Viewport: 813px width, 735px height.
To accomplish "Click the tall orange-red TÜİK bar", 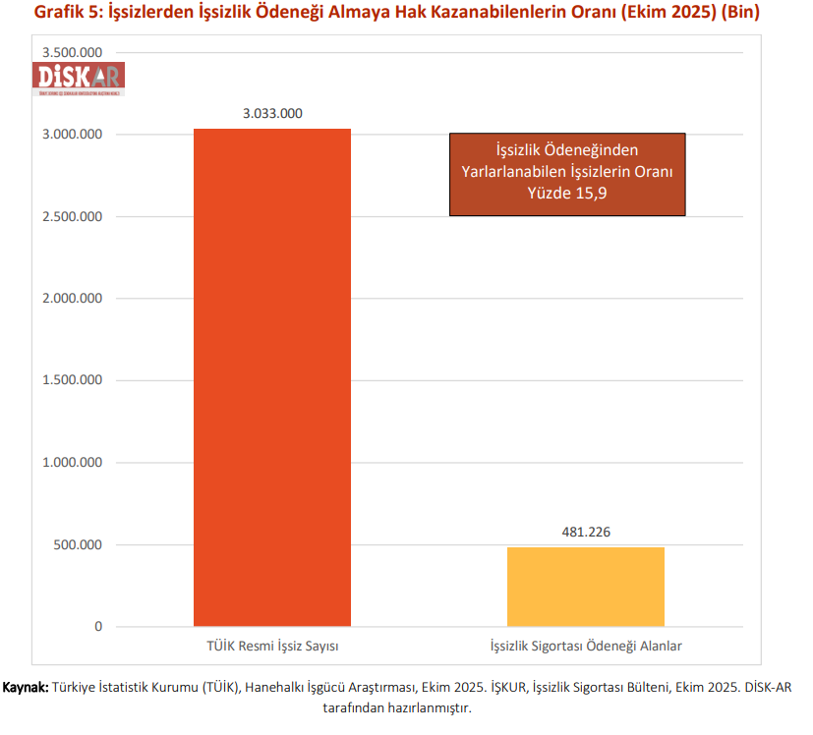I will click(272, 377).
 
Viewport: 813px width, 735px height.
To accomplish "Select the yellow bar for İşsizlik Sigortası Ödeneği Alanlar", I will click(586, 587).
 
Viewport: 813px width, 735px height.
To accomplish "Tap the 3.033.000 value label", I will click(272, 113).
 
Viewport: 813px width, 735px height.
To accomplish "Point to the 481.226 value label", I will click(586, 532).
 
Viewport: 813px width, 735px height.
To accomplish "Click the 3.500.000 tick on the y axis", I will click(74, 52).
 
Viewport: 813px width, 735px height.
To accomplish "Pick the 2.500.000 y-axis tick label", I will click(74, 216).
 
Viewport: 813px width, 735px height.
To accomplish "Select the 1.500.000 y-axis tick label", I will click(74, 380).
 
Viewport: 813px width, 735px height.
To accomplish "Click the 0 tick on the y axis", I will click(98, 627).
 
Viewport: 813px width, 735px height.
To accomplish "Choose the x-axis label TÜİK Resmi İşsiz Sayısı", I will click(272, 646).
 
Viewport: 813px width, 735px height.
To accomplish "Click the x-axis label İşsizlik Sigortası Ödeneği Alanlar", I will click(586, 646).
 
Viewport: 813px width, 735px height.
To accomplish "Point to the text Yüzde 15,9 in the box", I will click(567, 193).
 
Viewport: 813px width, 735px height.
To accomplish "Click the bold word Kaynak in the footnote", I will click(26, 688).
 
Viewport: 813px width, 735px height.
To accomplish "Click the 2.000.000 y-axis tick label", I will click(74, 299).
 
